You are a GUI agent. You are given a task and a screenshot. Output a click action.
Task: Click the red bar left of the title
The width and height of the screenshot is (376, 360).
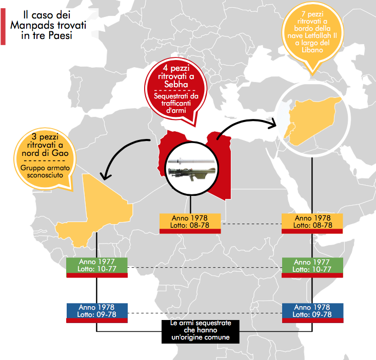[3, 27]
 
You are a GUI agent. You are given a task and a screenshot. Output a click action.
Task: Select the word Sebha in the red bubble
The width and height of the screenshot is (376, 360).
[176, 84]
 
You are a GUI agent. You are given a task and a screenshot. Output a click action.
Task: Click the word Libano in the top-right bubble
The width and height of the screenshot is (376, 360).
[312, 50]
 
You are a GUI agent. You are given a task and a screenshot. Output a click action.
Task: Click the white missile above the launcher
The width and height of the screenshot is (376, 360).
[191, 161]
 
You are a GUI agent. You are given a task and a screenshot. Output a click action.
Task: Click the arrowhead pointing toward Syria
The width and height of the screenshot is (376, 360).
[272, 123]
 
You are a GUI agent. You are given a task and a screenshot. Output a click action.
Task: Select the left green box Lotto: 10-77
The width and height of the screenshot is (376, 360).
[97, 269]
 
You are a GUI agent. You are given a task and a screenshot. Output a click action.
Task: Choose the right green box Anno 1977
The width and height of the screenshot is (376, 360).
[312, 262]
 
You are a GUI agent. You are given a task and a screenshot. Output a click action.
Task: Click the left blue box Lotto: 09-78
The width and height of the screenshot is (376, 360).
[97, 314]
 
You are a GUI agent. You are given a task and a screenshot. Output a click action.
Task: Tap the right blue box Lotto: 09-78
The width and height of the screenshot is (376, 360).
[312, 314]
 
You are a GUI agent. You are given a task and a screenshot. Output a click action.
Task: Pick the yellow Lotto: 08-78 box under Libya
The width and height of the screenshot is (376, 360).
[190, 224]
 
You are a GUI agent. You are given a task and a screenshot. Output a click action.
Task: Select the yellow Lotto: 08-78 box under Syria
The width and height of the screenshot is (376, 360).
[312, 224]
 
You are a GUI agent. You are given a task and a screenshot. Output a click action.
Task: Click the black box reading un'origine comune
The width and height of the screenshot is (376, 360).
[201, 331]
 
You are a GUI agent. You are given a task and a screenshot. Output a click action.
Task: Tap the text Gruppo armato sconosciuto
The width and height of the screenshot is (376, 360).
[45, 171]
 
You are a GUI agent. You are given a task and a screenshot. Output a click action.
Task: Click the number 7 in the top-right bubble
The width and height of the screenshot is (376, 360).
[304, 14]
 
